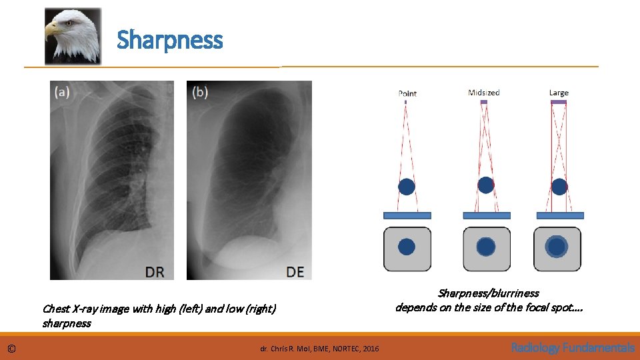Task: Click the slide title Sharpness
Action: pos(169,40)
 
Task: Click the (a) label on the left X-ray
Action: pos(63,93)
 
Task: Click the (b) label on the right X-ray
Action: pos(199,92)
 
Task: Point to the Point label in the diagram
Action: pos(407,93)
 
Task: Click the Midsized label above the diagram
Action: pos(484,93)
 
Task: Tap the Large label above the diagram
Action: pos(559,93)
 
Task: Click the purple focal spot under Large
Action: pos(559,102)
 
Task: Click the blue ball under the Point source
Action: pos(406,187)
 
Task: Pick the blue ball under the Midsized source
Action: pos(486,185)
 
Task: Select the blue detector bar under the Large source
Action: pos(560,215)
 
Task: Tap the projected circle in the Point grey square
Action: pos(407,247)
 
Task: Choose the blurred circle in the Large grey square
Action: pos(557,247)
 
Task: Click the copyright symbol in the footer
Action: pos(11,349)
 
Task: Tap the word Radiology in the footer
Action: pos(536,347)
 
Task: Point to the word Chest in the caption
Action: pos(55,309)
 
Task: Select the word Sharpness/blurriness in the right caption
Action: pos(489,293)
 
